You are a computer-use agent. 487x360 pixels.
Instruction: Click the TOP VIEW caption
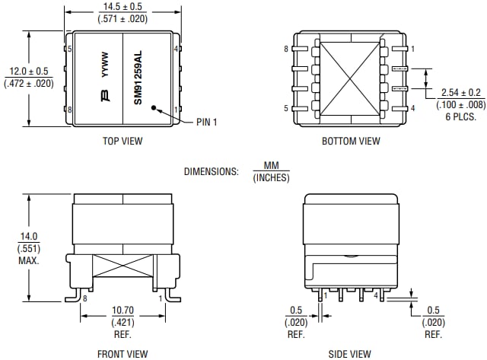[123, 141]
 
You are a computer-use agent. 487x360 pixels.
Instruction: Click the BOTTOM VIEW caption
[350, 141]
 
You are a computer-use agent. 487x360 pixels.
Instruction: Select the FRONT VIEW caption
[123, 353]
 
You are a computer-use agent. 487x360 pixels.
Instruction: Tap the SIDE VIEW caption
[350, 353]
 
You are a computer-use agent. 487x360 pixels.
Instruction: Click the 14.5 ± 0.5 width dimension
[123, 6]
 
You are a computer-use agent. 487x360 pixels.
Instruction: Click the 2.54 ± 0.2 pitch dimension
[458, 93]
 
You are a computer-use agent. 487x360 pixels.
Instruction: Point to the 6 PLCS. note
[458, 116]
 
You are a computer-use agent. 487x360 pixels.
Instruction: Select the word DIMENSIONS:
[211, 171]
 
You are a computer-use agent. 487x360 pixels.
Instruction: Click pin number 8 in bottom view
[286, 49]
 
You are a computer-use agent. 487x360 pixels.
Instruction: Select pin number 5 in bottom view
[286, 109]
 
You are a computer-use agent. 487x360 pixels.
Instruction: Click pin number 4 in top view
[176, 49]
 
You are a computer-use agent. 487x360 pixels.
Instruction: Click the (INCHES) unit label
[271, 178]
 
